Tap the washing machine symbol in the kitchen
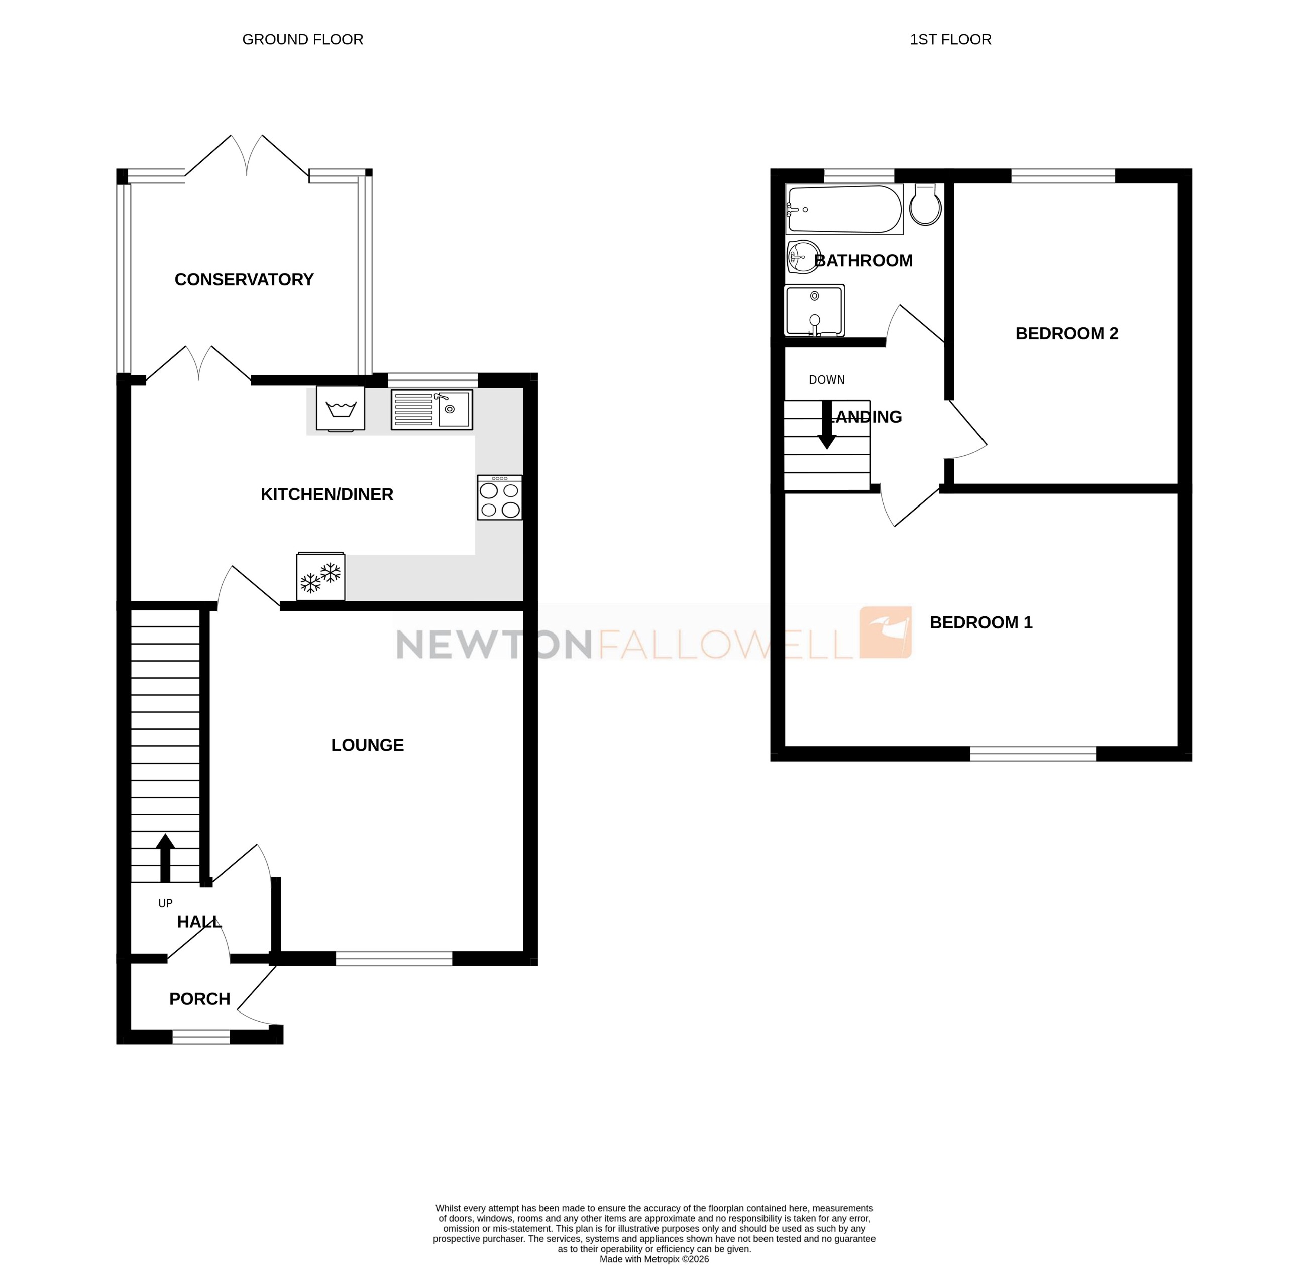tap(341, 408)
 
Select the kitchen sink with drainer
tap(431, 409)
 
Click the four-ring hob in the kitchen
tap(500, 497)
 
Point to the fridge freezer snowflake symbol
tap(320, 577)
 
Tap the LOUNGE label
tap(367, 745)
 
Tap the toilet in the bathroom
tap(926, 204)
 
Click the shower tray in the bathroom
tap(814, 311)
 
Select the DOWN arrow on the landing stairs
tap(827, 425)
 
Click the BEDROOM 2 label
tap(1066, 333)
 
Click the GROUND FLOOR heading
tap(302, 39)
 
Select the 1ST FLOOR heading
tap(950, 39)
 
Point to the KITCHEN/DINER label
tap(326, 494)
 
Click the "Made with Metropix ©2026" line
tap(654, 1259)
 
